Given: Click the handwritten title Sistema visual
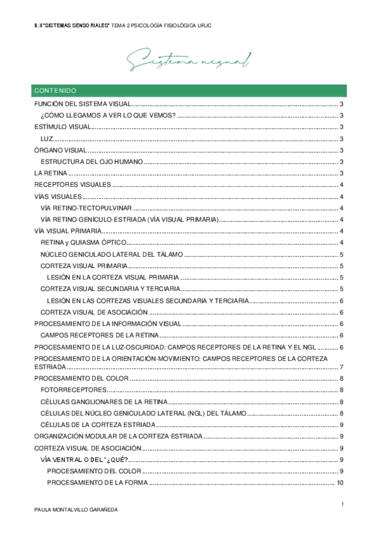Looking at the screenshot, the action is coord(189,61).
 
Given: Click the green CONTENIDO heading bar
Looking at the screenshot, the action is coord(189,90).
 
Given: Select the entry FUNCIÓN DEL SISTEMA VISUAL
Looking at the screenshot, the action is coord(82,104).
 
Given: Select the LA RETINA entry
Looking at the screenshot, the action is coord(50,173).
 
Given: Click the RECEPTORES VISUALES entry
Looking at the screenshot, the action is coord(73,184).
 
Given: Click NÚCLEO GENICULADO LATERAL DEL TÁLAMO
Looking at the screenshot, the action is coord(111,254).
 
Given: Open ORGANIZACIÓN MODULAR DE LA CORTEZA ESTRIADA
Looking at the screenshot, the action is coord(118,436).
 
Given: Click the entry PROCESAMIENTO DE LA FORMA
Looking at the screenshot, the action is coord(98,483).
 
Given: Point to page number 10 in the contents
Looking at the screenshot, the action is coord(340,483).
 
